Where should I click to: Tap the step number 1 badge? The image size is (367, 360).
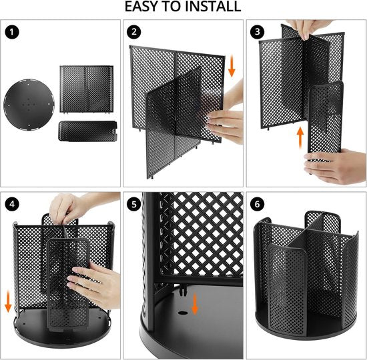pyautogui.click(x=11, y=31)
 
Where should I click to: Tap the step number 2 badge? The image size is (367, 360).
pyautogui.click(x=135, y=31)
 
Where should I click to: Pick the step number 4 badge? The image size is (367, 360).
pyautogui.click(x=11, y=204)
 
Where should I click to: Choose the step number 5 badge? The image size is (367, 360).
pyautogui.click(x=135, y=204)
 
